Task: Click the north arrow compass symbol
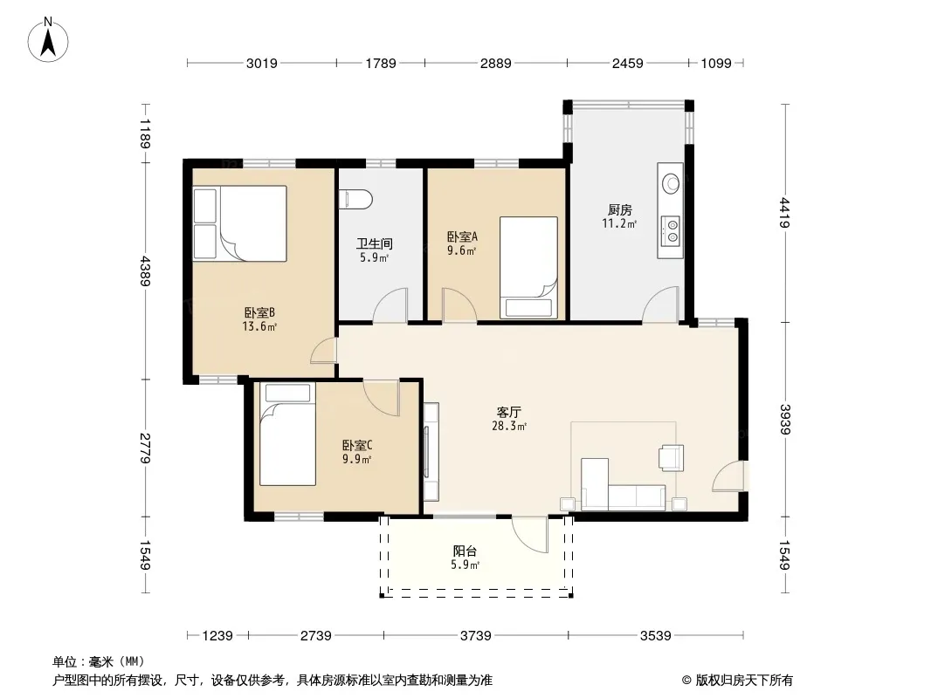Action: [48, 40]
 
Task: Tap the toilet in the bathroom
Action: [355, 199]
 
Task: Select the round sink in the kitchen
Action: [672, 183]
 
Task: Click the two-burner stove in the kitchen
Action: [672, 230]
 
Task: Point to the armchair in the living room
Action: [671, 458]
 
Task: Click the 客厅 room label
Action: [509, 412]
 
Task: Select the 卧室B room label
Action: [259, 312]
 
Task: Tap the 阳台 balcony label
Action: [465, 551]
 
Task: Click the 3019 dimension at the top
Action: [262, 63]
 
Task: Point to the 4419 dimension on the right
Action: [785, 213]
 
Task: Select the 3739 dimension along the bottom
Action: [476, 636]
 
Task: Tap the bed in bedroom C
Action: [287, 435]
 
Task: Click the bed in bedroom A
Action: [528, 268]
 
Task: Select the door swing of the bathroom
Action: [390, 305]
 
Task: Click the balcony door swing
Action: [530, 534]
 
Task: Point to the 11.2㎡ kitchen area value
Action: [619, 223]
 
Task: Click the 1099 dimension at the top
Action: [716, 63]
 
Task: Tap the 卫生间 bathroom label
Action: [374, 243]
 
